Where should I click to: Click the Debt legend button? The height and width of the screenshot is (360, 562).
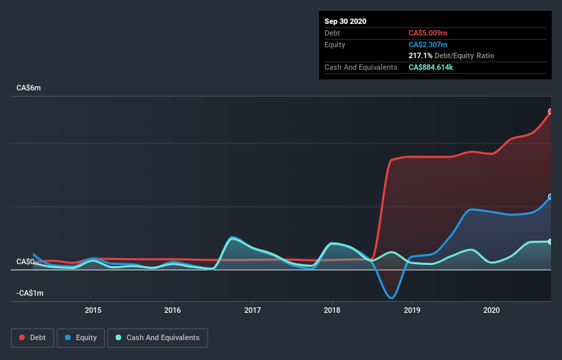coord(31,337)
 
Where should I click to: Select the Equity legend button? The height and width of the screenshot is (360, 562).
coord(81,337)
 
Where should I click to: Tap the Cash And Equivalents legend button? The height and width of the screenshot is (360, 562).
coord(157,337)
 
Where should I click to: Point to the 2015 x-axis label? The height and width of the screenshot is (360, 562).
coord(93,310)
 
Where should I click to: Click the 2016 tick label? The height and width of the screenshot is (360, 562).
coord(173,310)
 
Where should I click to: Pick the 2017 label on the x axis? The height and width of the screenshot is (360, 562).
coord(253,310)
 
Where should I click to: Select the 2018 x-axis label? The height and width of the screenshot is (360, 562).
coord(333,310)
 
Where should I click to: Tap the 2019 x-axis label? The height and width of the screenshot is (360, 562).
coord(413,310)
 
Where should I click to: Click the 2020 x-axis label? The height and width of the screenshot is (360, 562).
coord(492,310)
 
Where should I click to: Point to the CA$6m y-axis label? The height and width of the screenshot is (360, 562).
coord(29,88)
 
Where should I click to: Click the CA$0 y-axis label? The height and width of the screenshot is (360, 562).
coord(25,261)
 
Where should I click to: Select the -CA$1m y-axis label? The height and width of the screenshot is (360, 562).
coord(30,293)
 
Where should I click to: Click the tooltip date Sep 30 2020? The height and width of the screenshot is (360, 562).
coord(345,21)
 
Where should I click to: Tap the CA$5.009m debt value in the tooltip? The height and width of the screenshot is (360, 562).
coord(428,33)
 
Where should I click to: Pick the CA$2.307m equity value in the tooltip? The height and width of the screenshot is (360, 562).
coord(428,44)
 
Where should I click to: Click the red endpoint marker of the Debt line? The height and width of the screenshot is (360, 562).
coord(550,112)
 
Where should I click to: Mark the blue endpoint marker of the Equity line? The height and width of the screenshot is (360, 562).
coord(550,196)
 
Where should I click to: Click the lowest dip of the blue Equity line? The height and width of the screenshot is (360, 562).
coord(391,298)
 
